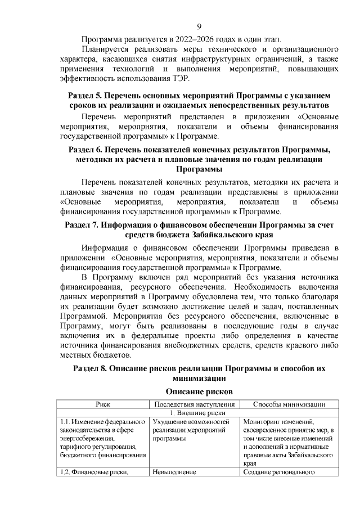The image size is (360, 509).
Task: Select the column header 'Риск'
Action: point(102,404)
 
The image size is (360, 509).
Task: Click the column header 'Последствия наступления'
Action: point(194,404)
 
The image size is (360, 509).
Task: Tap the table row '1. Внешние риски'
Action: point(200,413)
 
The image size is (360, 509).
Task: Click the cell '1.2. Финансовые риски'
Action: point(93,472)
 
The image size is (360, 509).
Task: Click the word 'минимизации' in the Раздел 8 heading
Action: point(199,379)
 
